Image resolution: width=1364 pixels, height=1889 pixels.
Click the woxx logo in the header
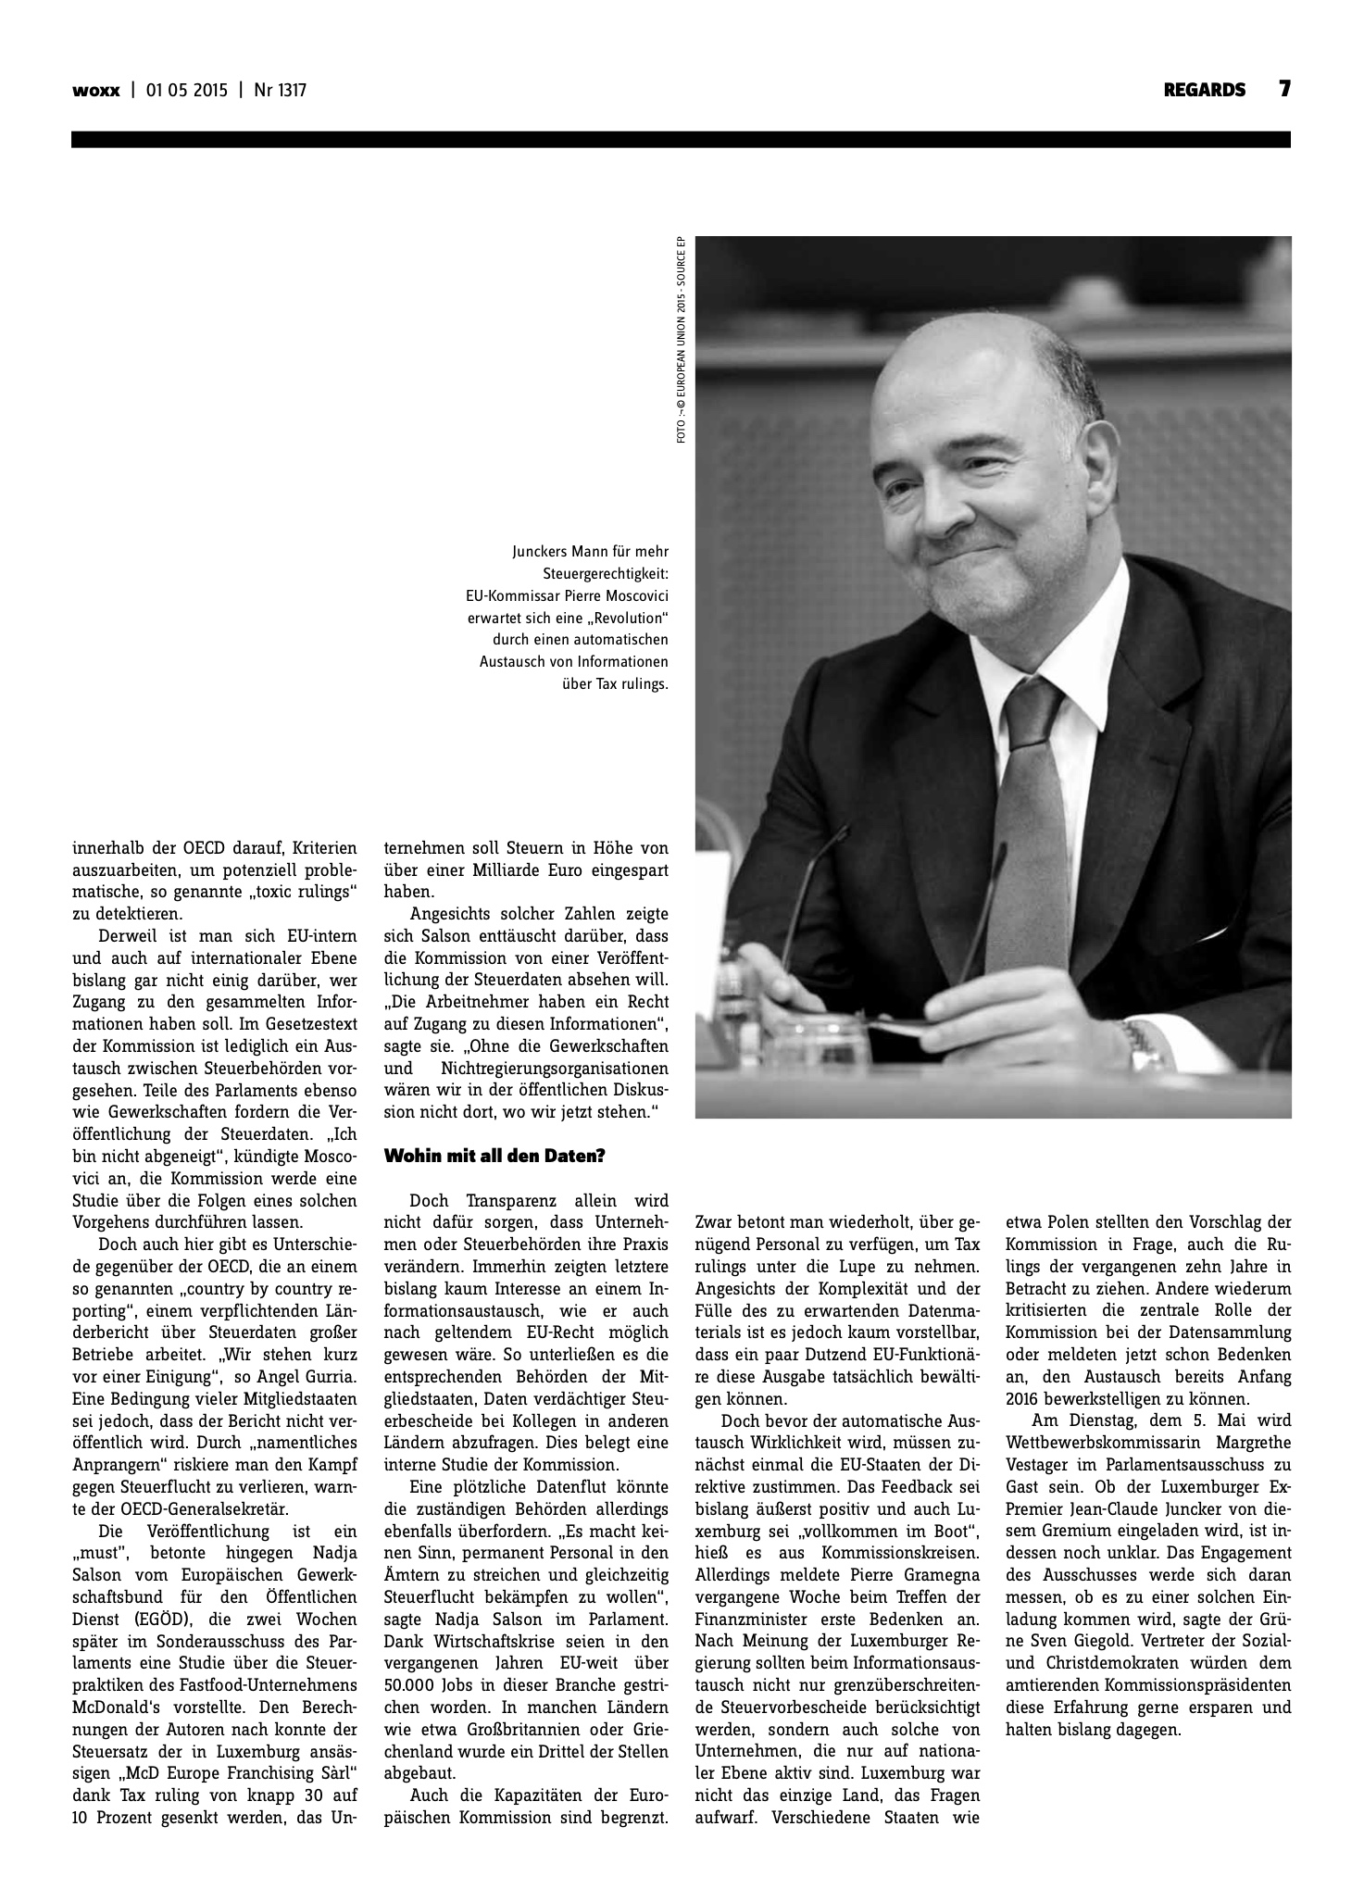(95, 91)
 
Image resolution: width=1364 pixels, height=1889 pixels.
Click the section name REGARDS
(1205, 90)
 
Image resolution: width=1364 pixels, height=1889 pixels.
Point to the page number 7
(1284, 89)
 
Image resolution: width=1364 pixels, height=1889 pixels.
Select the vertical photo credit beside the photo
(681, 339)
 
